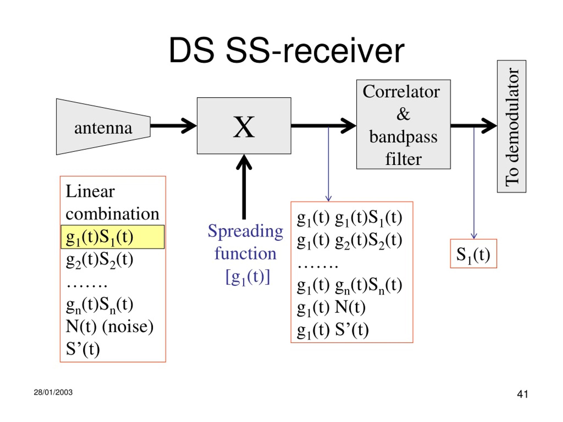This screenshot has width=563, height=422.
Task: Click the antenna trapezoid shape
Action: pos(103,127)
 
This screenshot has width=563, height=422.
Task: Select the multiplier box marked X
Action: pos(244,126)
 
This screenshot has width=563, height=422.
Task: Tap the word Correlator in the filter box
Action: pos(401,92)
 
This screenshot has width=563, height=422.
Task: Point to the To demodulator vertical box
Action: pos(512,126)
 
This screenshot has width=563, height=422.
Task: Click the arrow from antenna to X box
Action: pos(173,126)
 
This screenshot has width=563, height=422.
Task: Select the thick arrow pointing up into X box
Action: pos(244,187)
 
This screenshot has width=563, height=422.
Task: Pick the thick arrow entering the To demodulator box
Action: pos(474,126)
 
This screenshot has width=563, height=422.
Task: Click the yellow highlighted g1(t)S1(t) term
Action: pos(113,237)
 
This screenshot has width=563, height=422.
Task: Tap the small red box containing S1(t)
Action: pos(473,254)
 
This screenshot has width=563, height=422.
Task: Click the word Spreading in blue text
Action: pos(245,231)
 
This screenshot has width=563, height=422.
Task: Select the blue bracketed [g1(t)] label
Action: pos(248,277)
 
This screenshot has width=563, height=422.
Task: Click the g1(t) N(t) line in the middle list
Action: pos(331,308)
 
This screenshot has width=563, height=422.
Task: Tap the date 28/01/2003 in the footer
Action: pos(53,392)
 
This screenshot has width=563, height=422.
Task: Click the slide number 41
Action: pos(523,394)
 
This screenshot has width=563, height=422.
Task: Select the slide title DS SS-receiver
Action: pos(286,50)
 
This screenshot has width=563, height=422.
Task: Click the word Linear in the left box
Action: pos(90,191)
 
